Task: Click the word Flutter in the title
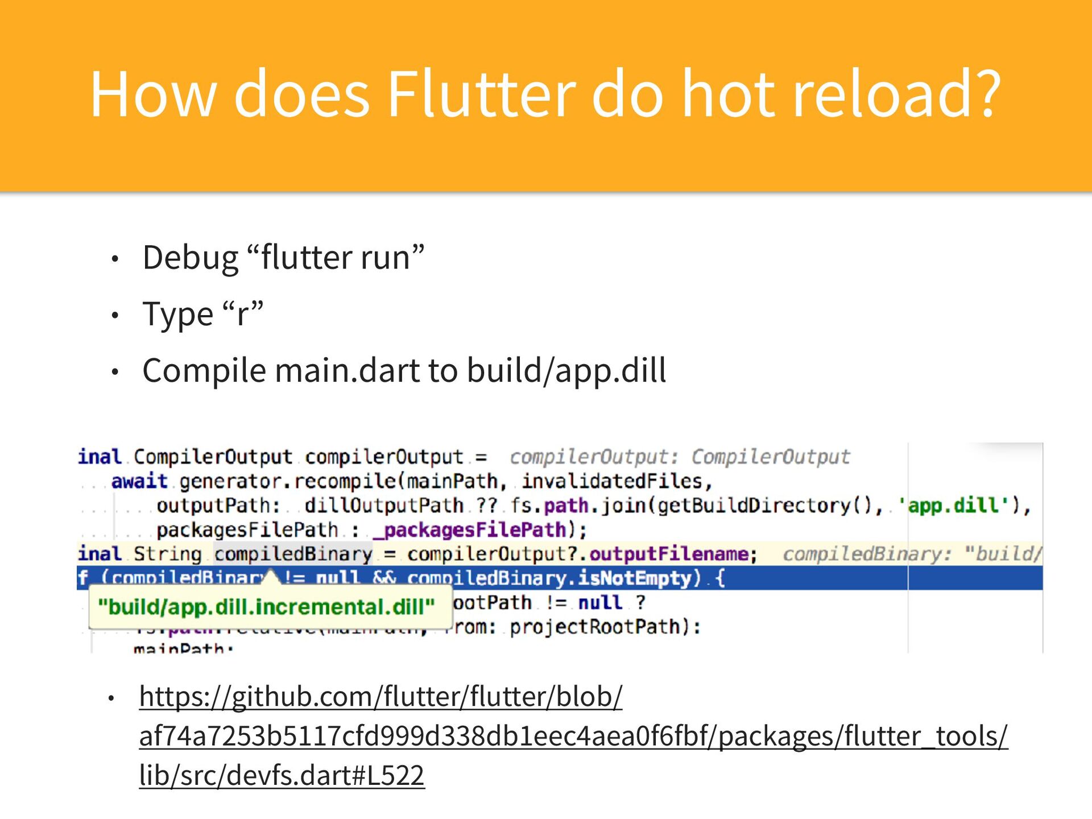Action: pyautogui.click(x=481, y=94)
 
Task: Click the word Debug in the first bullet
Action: pyautogui.click(x=191, y=258)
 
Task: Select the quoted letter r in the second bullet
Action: pyautogui.click(x=243, y=314)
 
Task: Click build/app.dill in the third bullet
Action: pyautogui.click(x=566, y=371)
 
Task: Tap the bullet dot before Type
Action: pyautogui.click(x=115, y=315)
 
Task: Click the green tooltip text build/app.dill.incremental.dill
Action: pyautogui.click(x=266, y=607)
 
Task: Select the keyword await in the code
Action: pyautogui.click(x=139, y=481)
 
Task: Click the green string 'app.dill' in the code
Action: pyautogui.click(x=954, y=505)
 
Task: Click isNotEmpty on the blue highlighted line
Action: pyautogui.click(x=634, y=578)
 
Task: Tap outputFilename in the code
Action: pyautogui.click(x=669, y=554)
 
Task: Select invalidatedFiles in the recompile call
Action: pyautogui.click(x=612, y=481)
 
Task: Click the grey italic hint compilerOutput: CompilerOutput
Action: pyautogui.click(x=680, y=457)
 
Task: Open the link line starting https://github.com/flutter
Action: pyautogui.click(x=380, y=696)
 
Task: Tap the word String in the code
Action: pyautogui.click(x=167, y=554)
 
